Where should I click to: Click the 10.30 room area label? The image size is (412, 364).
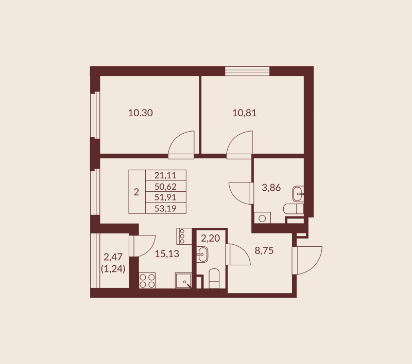[140, 113]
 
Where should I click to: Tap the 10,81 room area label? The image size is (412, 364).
[244, 113]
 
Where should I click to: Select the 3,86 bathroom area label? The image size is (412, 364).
[271, 188]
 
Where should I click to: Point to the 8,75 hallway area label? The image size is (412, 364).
[265, 251]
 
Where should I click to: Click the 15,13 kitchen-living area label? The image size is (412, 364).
[167, 253]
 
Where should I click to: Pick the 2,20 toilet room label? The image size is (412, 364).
[210, 238]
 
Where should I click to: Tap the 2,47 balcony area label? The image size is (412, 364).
[114, 257]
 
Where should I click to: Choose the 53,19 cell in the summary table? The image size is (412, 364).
[165, 208]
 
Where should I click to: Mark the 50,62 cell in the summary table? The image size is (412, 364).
[165, 186]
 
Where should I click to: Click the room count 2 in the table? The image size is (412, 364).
[136, 192]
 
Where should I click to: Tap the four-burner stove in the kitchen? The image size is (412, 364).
[148, 280]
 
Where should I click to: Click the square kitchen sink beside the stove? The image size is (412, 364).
[183, 280]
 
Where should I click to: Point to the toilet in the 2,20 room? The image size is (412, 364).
[214, 280]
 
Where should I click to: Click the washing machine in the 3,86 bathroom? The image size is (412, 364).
[262, 217]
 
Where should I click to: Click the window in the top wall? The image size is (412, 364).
[247, 71]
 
